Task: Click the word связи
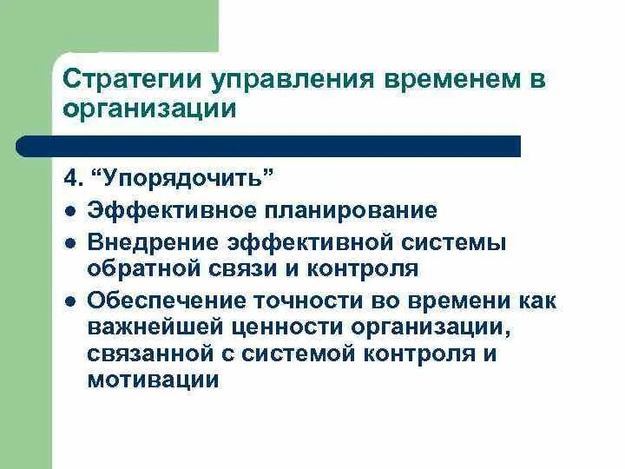pos(250,269)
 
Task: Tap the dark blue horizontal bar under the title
pos(269,146)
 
